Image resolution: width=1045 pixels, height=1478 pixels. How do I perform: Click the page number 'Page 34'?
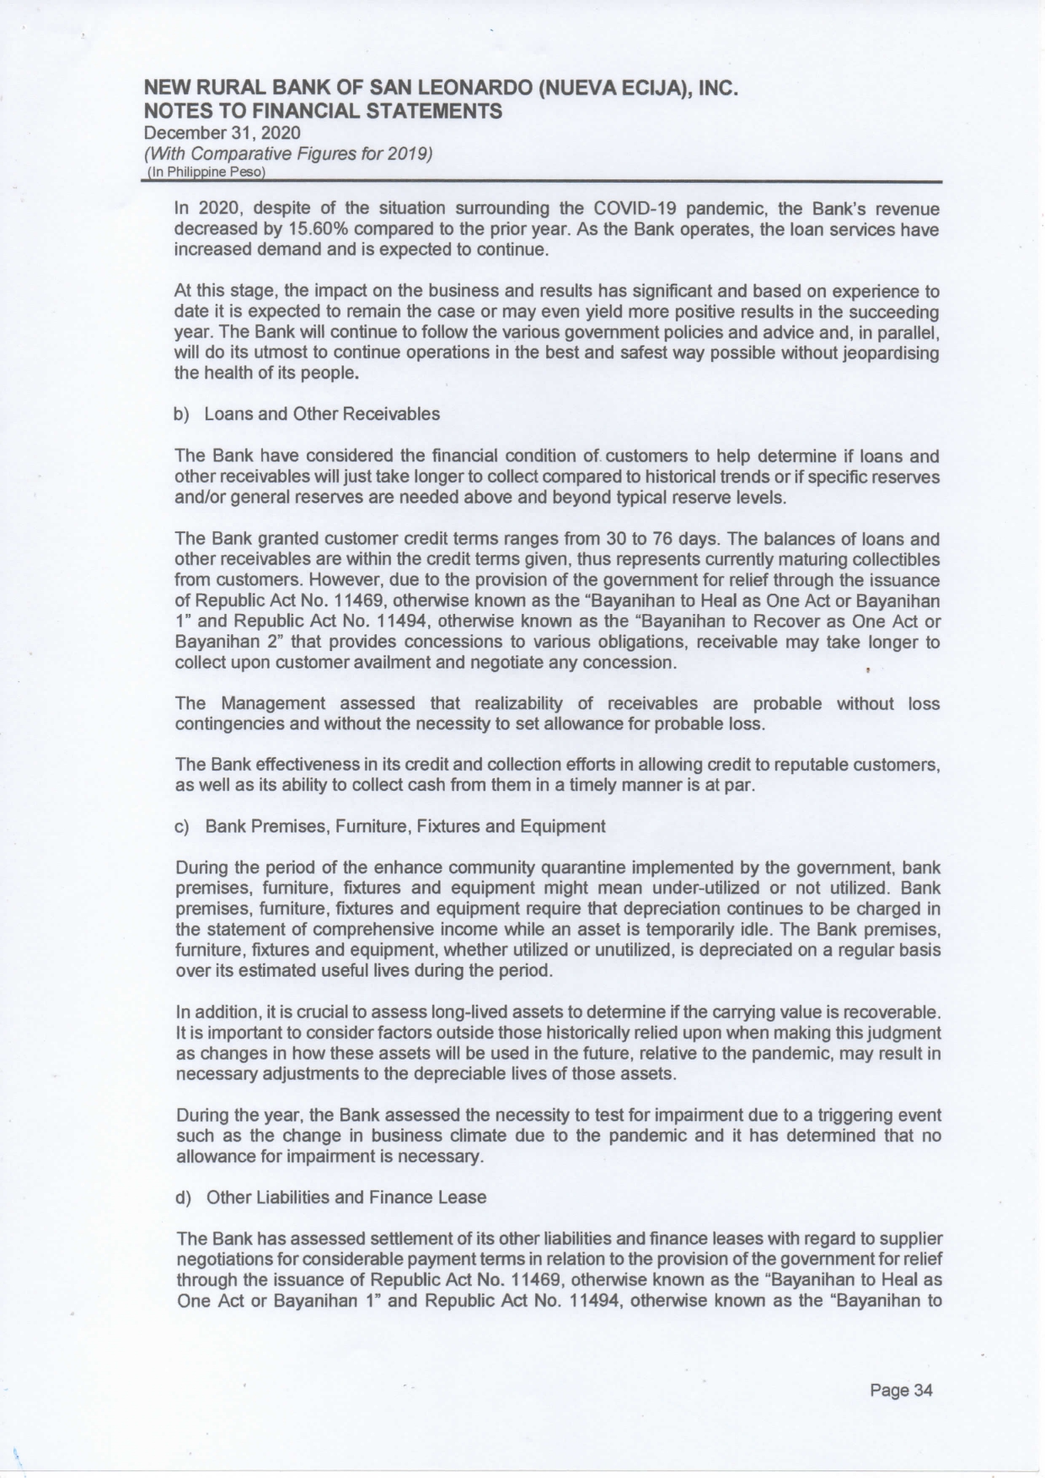click(x=902, y=1390)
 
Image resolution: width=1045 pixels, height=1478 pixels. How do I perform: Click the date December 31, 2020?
click(x=222, y=133)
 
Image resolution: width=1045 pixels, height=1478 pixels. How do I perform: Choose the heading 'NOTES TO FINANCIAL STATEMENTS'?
click(x=324, y=111)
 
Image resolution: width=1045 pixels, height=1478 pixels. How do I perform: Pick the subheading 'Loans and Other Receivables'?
click(x=323, y=414)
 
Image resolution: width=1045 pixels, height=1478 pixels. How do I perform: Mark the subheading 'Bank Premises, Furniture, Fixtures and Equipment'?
click(x=405, y=826)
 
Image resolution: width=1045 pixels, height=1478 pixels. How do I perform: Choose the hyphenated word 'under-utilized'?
click(x=703, y=888)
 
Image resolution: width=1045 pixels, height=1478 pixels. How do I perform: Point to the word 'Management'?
click(x=273, y=703)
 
